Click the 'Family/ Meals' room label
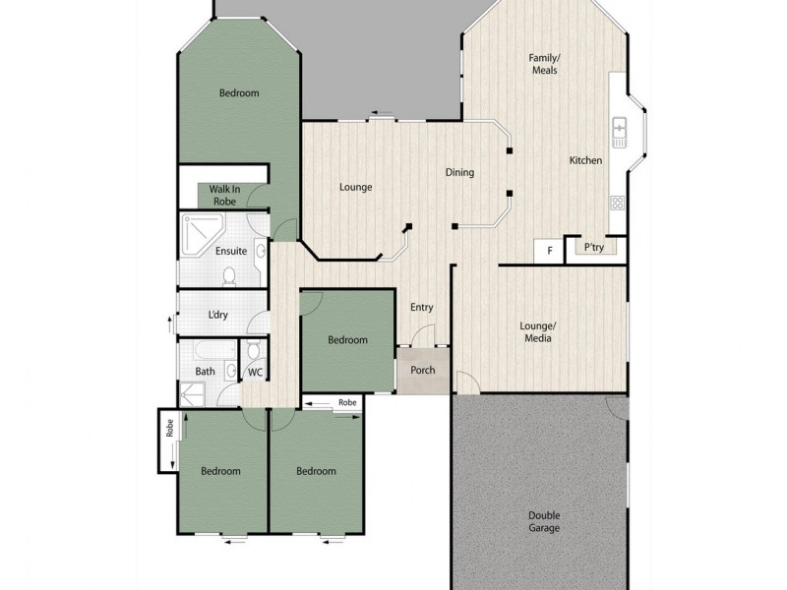(544, 63)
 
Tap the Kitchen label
(585, 161)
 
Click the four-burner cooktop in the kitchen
(618, 204)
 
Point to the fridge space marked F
(549, 251)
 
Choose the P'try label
(593, 248)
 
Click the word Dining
(459, 173)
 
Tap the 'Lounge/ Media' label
(537, 331)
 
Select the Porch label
(422, 371)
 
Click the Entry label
(421, 308)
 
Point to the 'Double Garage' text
(544, 522)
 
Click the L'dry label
(218, 316)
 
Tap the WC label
(255, 372)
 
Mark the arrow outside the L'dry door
(171, 325)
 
